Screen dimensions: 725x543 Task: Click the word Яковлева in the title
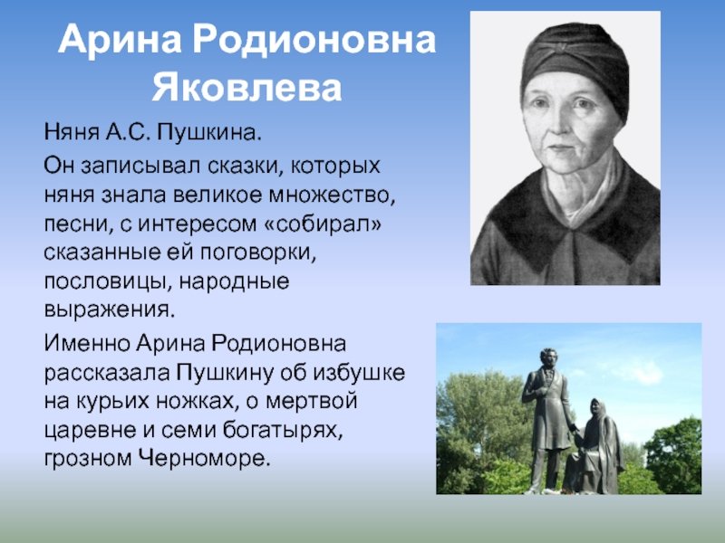click(246, 87)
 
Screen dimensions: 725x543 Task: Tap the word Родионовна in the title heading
click(314, 40)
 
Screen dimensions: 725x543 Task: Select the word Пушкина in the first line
click(208, 132)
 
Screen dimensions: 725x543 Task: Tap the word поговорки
click(258, 253)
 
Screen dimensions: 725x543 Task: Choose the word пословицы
click(108, 282)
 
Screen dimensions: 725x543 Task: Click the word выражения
click(110, 310)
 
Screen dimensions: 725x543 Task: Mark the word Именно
click(87, 344)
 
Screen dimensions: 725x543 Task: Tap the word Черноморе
click(204, 459)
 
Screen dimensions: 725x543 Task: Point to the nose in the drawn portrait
click(557, 126)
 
